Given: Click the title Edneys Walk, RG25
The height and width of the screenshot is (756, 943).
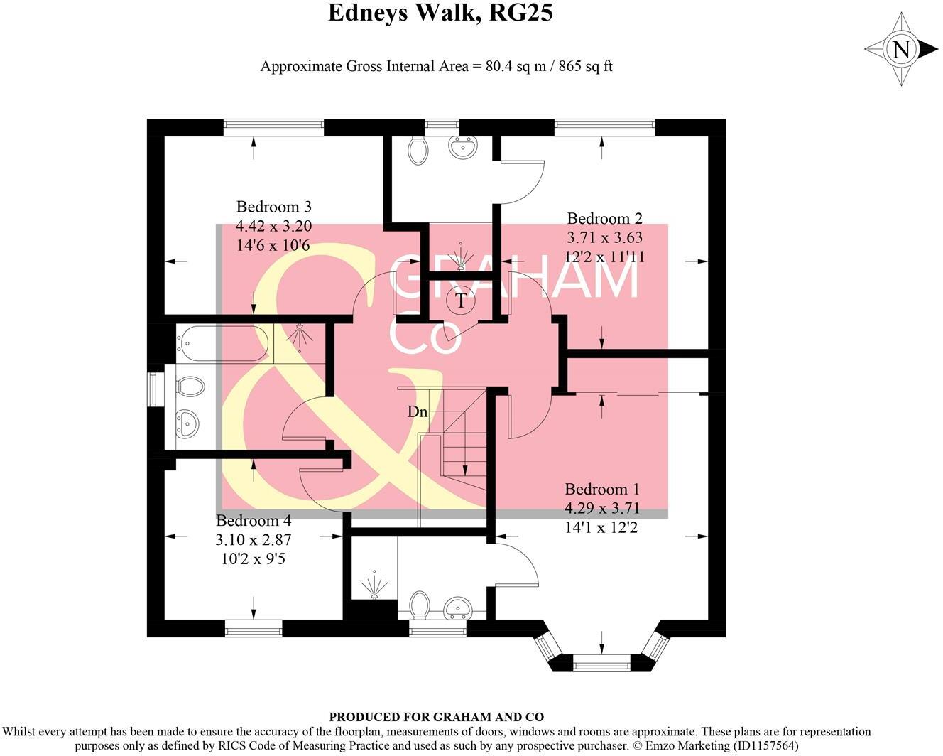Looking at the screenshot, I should pos(440,13).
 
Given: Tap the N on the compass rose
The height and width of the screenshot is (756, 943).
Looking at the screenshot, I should pos(901,50).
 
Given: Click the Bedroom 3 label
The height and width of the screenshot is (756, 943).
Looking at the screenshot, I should pos(273,207).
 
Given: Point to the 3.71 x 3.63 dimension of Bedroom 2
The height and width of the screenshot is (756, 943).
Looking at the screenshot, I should pos(605,237).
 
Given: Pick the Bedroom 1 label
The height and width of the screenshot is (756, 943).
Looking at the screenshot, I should pos(601,489).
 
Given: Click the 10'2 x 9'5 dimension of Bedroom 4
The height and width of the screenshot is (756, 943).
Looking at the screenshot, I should pos(254,558).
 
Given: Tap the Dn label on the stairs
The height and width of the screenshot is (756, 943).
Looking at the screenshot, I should pos(418,411).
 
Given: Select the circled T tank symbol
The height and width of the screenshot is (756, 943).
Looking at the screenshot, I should pos(462,301).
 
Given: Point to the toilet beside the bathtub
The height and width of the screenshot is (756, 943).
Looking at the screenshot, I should pos(188,387).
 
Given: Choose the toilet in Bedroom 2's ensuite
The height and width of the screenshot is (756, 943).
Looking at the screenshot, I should pos(419,149).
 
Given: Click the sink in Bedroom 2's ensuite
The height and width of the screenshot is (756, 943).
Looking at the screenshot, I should pos(462,147).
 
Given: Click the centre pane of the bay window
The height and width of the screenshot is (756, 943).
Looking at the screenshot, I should pos(601,665).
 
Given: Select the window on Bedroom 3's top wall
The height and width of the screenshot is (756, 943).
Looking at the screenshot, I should pos(273,127).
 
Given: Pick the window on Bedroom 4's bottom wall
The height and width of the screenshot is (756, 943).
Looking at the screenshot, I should pos(253,628).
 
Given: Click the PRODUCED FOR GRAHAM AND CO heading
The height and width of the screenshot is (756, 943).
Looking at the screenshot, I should pos(436,718).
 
